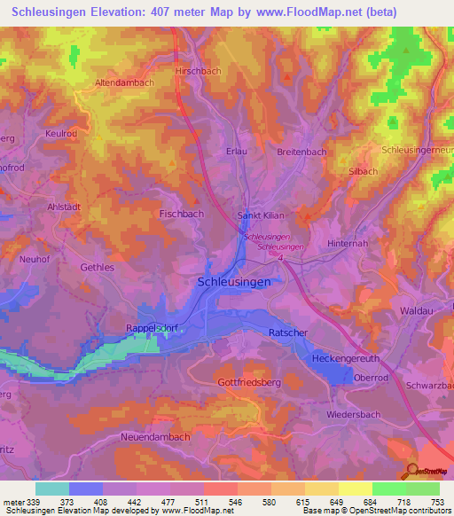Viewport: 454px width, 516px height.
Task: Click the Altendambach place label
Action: (x=124, y=82)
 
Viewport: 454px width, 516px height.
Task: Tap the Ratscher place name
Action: (x=286, y=332)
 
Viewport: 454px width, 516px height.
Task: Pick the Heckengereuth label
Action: (x=345, y=358)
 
